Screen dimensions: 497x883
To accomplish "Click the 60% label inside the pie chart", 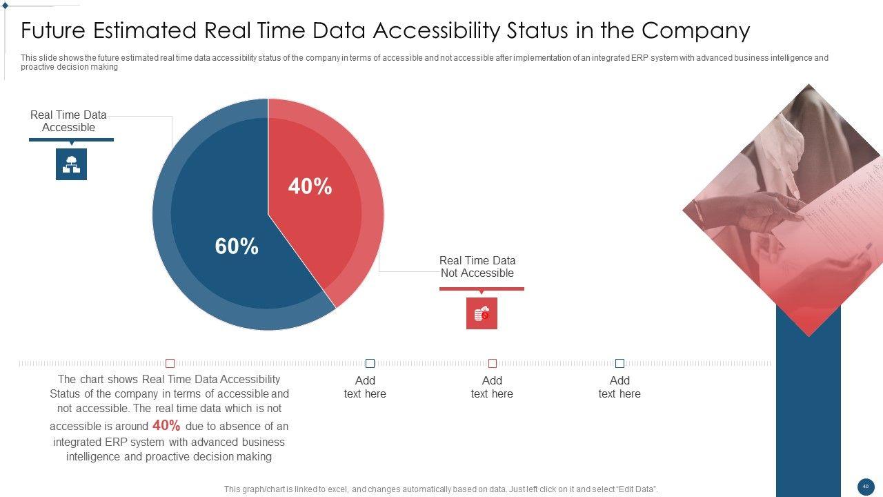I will pyautogui.click(x=237, y=246).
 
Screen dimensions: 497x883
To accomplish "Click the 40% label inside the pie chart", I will pyautogui.click(x=310, y=186).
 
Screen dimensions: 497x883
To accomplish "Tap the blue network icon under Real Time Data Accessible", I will pyautogui.click(x=71, y=164).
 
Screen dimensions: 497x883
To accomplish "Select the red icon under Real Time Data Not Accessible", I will pyautogui.click(x=482, y=313).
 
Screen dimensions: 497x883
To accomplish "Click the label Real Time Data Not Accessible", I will pyautogui.click(x=477, y=266).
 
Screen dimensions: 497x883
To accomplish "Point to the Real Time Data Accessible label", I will pyautogui.click(x=68, y=121).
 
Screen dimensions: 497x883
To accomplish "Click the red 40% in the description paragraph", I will pyautogui.click(x=166, y=425).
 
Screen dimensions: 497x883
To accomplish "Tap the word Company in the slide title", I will pyautogui.click(x=695, y=31).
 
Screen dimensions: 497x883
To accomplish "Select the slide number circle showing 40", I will pyautogui.click(x=866, y=487).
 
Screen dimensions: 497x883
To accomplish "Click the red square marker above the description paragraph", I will pyautogui.click(x=170, y=363).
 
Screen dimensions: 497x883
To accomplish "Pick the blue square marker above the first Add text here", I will pyautogui.click(x=370, y=363).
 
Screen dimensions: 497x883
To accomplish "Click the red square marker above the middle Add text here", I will pyautogui.click(x=493, y=363).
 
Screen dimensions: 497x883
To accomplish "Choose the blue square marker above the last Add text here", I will pyautogui.click(x=619, y=363).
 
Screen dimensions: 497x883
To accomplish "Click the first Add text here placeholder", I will pyautogui.click(x=365, y=387).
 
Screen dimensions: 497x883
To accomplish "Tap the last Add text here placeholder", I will pyautogui.click(x=619, y=387).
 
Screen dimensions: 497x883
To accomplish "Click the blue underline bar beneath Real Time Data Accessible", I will pyautogui.click(x=71, y=139).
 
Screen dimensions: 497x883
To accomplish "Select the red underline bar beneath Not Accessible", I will pyautogui.click(x=482, y=289).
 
